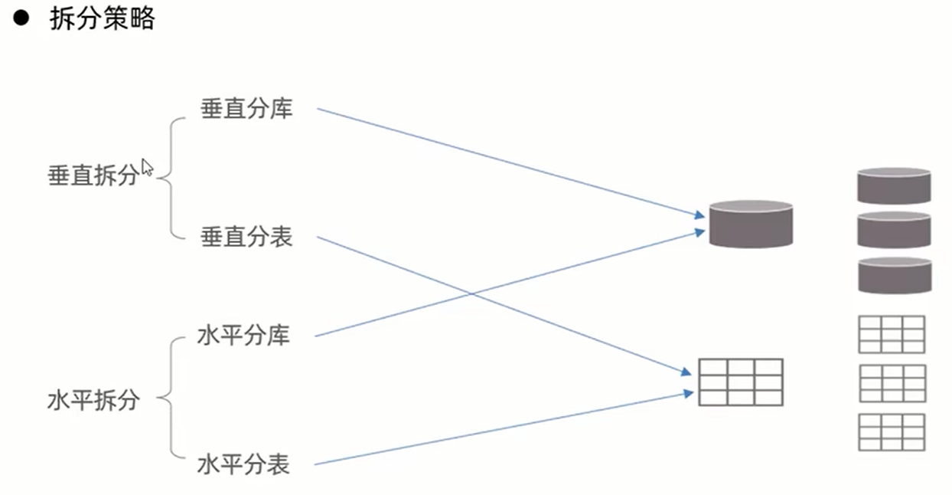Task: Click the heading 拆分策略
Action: [102, 19]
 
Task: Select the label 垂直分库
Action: [246, 109]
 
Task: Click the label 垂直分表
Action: [246, 237]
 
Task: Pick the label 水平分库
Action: [243, 336]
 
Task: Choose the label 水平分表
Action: [243, 464]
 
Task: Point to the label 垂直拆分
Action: [93, 175]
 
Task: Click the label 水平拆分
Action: [93, 400]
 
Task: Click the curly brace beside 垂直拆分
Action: [173, 176]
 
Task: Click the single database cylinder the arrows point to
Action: [751, 224]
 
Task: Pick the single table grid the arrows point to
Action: [741, 382]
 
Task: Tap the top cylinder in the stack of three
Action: [894, 186]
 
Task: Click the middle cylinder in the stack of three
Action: [894, 230]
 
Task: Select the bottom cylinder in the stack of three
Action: [894, 275]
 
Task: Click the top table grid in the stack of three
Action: [892, 334]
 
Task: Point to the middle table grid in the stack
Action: [892, 383]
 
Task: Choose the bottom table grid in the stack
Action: [892, 432]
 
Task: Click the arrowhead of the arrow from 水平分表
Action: [689, 393]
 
